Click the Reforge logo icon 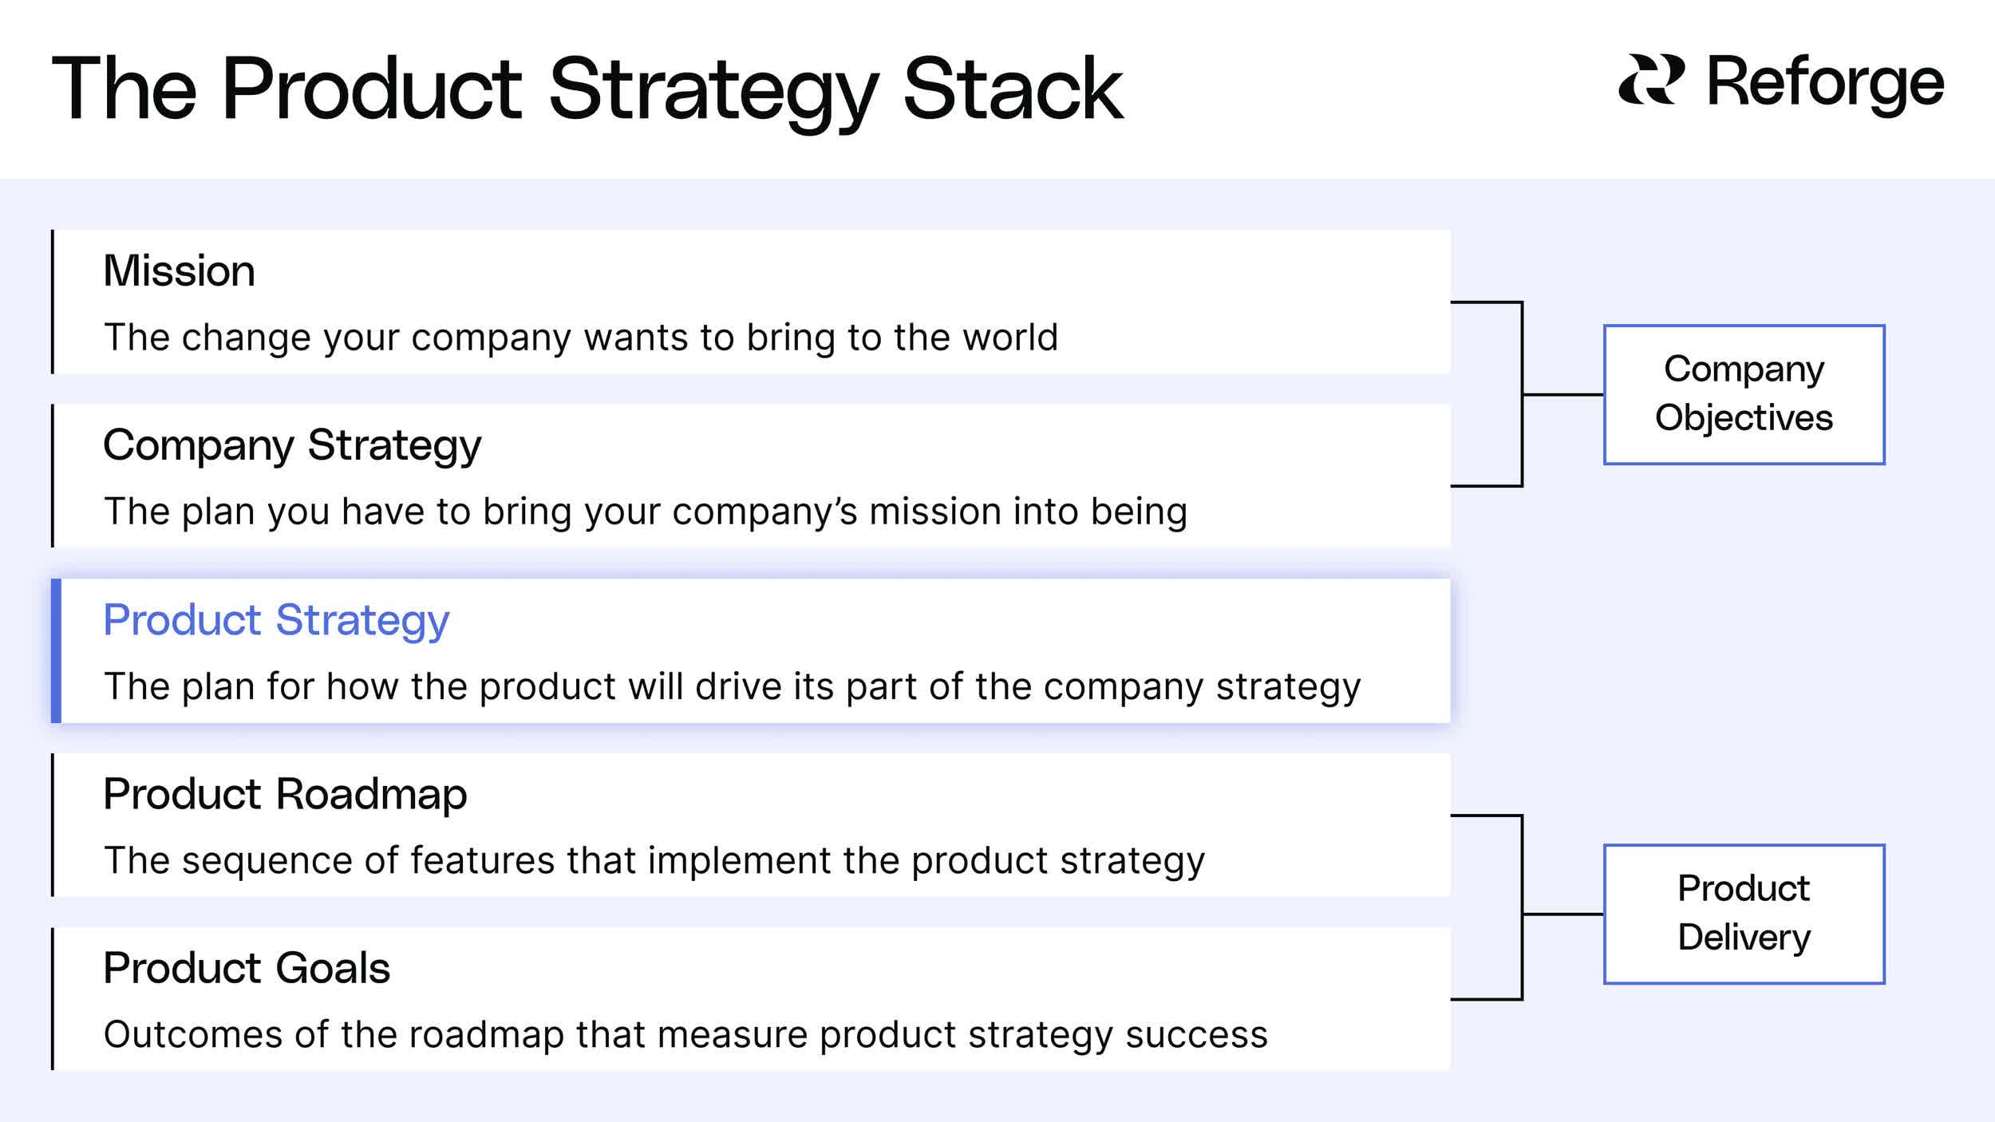coord(1651,80)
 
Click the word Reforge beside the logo coord(1825,82)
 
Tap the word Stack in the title coord(1013,89)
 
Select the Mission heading coord(179,271)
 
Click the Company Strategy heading coord(292,444)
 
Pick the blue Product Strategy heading coord(276,620)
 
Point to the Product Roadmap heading coord(285,794)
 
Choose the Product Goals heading coord(247,968)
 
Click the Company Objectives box coord(1744,394)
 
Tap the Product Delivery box coord(1744,914)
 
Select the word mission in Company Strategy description coord(934,512)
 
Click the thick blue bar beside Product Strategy coord(56,650)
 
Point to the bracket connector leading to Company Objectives coord(1523,394)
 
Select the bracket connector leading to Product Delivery coord(1523,914)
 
